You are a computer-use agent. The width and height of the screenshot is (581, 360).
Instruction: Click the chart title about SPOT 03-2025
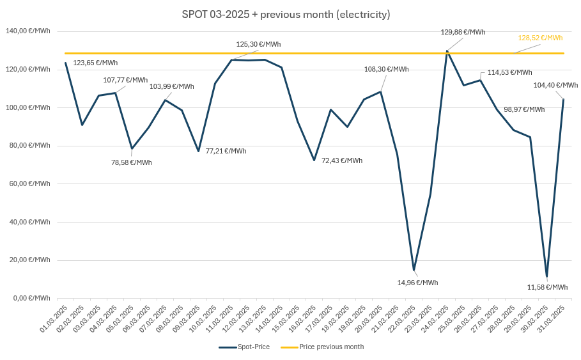[x=286, y=14]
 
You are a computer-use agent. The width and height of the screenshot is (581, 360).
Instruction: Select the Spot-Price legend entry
[x=244, y=347]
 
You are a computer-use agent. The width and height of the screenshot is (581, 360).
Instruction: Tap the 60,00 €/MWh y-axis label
[x=29, y=184]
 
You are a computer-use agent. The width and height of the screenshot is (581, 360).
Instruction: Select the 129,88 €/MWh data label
[x=463, y=32]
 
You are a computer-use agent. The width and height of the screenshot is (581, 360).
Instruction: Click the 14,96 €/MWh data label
[x=417, y=283]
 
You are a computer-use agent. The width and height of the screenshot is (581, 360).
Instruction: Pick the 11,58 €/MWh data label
[x=547, y=287]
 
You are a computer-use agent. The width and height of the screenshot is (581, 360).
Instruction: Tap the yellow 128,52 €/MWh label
[x=540, y=38]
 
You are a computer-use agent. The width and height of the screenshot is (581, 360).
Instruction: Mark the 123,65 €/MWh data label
[x=95, y=63]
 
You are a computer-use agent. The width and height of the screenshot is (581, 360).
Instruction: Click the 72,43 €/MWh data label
[x=341, y=160]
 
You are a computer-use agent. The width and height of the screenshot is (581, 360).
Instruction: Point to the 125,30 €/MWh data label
[x=258, y=44]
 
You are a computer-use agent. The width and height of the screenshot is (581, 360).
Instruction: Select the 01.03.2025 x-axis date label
[x=54, y=318]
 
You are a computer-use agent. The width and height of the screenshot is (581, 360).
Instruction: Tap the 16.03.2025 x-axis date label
[x=304, y=318]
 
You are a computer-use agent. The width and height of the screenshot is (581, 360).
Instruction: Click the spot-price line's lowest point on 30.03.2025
[x=546, y=276]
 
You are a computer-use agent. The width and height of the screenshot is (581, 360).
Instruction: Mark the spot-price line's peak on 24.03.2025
[x=447, y=51]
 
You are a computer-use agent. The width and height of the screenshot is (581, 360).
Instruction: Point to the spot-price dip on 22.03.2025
[x=414, y=270]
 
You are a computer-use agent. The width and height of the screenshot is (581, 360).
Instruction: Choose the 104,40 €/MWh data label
[x=555, y=85]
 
